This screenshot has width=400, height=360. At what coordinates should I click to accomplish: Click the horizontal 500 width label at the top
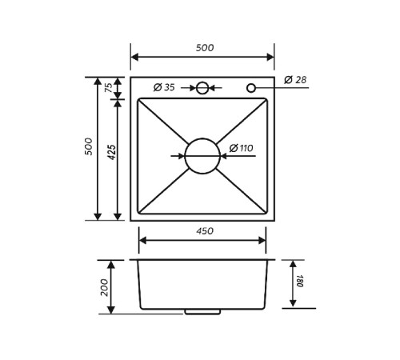pyautogui.click(x=205, y=48)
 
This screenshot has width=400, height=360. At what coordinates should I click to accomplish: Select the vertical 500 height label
pyautogui.click(x=89, y=146)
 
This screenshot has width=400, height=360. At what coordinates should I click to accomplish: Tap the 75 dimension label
pyautogui.click(x=109, y=87)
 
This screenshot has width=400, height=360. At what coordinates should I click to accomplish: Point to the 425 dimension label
pyautogui.click(x=113, y=152)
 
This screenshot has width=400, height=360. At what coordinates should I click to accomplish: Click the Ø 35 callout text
pyautogui.click(x=164, y=87)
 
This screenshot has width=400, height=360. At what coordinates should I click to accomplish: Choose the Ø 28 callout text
pyautogui.click(x=295, y=79)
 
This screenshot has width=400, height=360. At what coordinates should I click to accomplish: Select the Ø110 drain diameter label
pyautogui.click(x=241, y=148)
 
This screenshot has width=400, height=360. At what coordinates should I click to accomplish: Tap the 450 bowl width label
pyautogui.click(x=205, y=231)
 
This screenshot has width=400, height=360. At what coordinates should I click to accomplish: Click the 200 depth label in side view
pyautogui.click(x=105, y=287)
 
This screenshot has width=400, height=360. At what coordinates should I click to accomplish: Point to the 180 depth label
pyautogui.click(x=300, y=281)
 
